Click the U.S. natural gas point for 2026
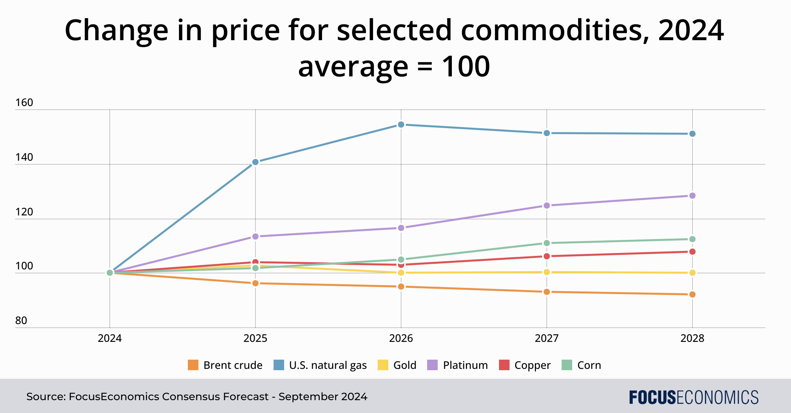(x=401, y=124)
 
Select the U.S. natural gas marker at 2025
(x=255, y=162)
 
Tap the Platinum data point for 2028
(x=692, y=196)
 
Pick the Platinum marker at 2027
(x=547, y=206)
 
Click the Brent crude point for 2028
(x=692, y=294)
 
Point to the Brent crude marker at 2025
(x=255, y=283)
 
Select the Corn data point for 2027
(x=547, y=243)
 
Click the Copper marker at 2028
(x=692, y=252)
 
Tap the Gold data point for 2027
(x=547, y=272)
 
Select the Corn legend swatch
(x=567, y=365)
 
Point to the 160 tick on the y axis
(x=24, y=103)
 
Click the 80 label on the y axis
(x=21, y=321)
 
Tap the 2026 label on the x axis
(x=401, y=339)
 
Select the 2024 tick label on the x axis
(x=110, y=339)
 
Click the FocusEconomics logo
(x=694, y=397)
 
